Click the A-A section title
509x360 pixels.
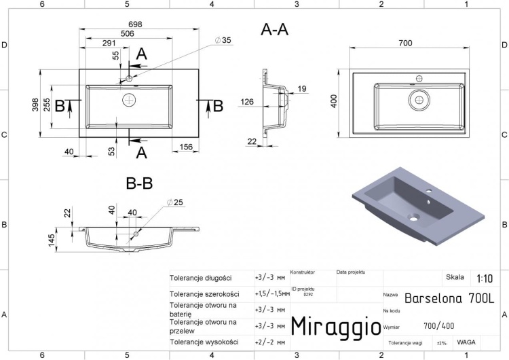274,29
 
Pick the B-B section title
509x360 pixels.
140,183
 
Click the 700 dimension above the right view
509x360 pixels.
405,43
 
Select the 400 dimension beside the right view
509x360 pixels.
333,102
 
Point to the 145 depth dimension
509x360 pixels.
60,240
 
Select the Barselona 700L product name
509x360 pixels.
449,298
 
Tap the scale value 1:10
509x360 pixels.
485,278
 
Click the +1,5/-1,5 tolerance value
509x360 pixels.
269,293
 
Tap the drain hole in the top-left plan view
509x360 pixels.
129,101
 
